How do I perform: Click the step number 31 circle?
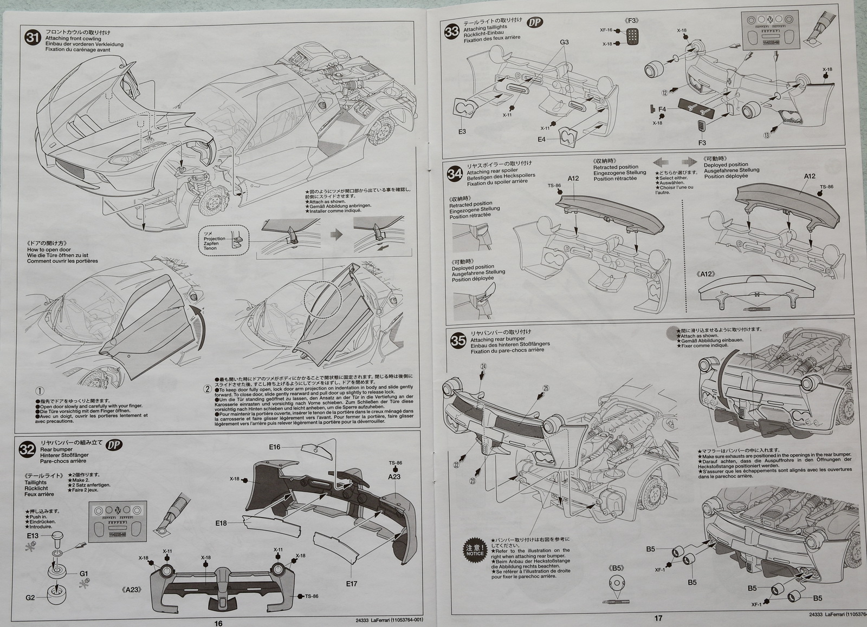(x=34, y=37)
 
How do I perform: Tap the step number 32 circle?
(x=27, y=449)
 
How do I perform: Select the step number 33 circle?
(x=452, y=31)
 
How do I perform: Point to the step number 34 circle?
(x=455, y=173)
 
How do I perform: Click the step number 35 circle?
(x=458, y=340)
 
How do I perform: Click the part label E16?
(x=275, y=447)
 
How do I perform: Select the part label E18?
(x=221, y=523)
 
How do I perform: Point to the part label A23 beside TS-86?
(x=394, y=476)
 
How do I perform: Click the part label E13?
(x=33, y=535)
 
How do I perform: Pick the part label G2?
(x=30, y=598)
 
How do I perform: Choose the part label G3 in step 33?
(x=564, y=42)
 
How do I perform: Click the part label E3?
(x=462, y=132)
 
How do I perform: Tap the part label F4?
(x=662, y=109)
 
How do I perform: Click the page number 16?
(x=218, y=623)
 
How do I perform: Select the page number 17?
(x=658, y=618)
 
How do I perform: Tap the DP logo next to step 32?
(x=114, y=445)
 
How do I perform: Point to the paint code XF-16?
(x=606, y=30)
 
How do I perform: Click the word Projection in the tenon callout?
(x=214, y=238)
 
